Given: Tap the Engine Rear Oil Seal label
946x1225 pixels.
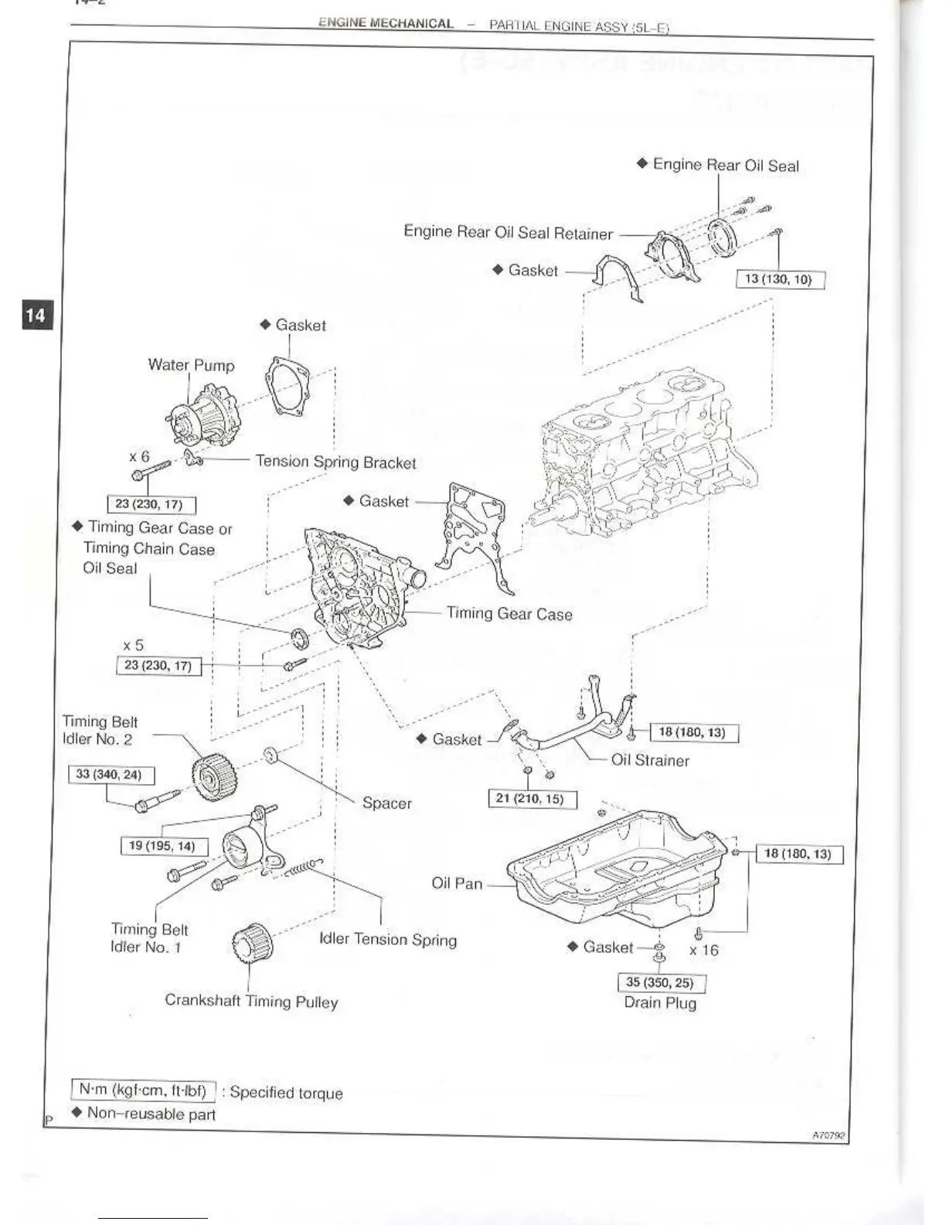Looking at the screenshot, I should pyautogui.click(x=725, y=165).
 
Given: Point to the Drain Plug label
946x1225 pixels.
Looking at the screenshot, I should pyautogui.click(x=660, y=1003).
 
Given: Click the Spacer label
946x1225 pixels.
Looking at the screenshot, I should pyautogui.click(x=386, y=804).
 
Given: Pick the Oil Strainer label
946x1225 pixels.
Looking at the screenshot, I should pyautogui.click(x=650, y=760).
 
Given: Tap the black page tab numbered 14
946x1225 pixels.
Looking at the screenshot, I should pyautogui.click(x=36, y=315).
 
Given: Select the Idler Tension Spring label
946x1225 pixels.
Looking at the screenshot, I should pyautogui.click(x=388, y=940).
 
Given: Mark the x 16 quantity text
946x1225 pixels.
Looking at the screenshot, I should pyautogui.click(x=704, y=950).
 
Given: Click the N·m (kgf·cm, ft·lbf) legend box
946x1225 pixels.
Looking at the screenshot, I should pyautogui.click(x=143, y=1090).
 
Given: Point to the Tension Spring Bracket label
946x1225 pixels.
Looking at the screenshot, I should pyautogui.click(x=335, y=462).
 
